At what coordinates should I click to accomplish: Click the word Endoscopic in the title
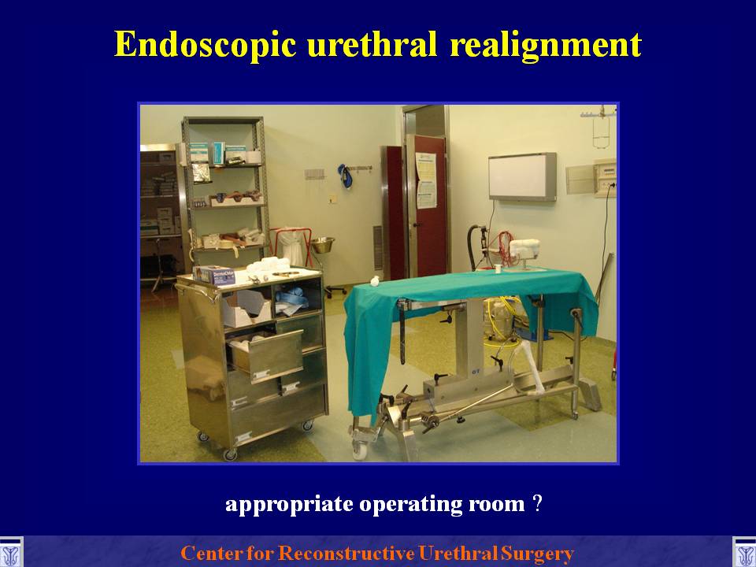point(206,44)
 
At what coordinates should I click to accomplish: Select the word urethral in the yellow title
point(372,44)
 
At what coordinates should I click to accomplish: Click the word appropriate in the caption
point(289,504)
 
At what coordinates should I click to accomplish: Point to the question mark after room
point(538,503)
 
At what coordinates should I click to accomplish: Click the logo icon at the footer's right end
point(744,552)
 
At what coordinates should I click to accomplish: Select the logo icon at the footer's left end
point(11,552)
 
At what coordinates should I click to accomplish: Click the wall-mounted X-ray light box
point(522,176)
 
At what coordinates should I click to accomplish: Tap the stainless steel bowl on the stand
point(323,245)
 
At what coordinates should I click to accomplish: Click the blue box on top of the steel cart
point(214,275)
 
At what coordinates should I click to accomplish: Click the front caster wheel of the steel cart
point(230,454)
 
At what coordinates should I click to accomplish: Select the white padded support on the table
point(524,249)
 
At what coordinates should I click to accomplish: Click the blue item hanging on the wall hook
point(344,176)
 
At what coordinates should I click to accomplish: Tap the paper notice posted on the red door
point(426,180)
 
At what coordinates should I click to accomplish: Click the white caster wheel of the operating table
point(359,450)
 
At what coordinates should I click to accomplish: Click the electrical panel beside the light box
point(605,179)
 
